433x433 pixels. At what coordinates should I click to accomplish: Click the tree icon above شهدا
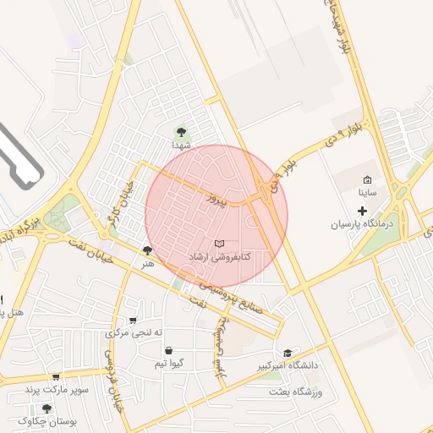point(180,131)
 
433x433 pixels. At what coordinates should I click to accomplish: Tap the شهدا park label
point(181,145)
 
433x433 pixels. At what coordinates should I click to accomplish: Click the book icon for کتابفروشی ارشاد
point(220,244)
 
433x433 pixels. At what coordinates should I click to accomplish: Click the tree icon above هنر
point(148,251)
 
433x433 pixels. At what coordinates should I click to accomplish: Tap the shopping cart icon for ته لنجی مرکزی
point(133,320)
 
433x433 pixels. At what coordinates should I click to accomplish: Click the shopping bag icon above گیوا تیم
point(169,350)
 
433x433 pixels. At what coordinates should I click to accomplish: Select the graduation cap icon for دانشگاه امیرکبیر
point(288,354)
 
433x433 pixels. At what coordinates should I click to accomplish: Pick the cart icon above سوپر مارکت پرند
point(56,376)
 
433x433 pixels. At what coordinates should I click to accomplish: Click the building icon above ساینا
point(367,180)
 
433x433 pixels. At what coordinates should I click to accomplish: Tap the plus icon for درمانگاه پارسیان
point(363,211)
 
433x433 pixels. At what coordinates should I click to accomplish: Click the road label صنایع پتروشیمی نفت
point(228,302)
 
